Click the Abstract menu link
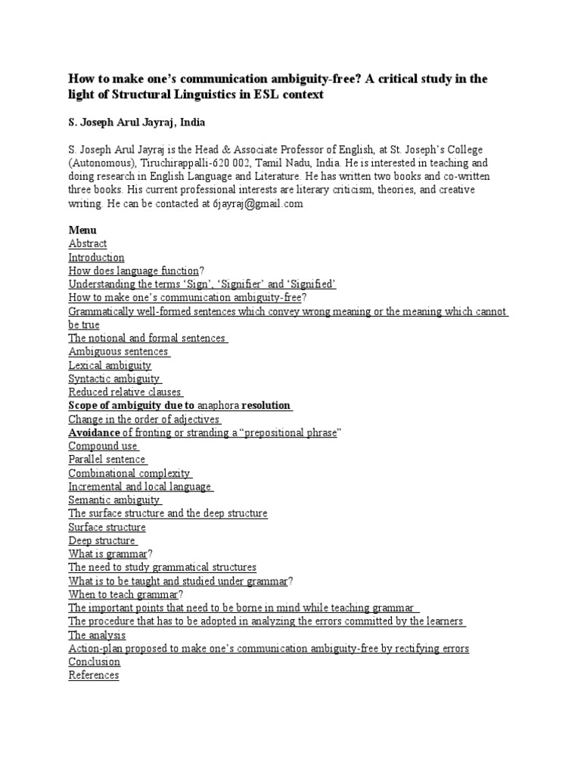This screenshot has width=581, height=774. coord(88,243)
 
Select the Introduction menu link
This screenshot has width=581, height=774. coord(96,257)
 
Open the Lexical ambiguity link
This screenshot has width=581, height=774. coord(110,365)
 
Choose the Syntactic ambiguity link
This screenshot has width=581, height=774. coord(114,379)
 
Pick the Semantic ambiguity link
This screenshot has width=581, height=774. coord(114,500)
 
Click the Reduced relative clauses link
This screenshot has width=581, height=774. coord(125,392)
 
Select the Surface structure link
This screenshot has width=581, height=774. coord(107,527)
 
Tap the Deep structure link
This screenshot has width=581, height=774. coord(102,540)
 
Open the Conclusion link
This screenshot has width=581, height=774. coord(94,662)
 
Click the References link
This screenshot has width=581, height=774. coord(94,676)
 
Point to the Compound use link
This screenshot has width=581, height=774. coord(103,446)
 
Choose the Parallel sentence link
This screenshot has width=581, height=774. coord(107,460)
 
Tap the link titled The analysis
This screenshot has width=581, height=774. coord(97,635)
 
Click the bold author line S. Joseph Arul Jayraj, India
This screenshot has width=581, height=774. coord(136,121)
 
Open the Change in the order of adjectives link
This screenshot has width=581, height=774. coord(144,420)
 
